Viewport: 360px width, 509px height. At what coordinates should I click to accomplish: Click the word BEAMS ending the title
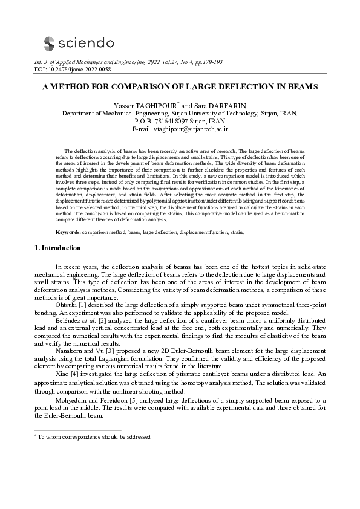(x=299, y=87)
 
